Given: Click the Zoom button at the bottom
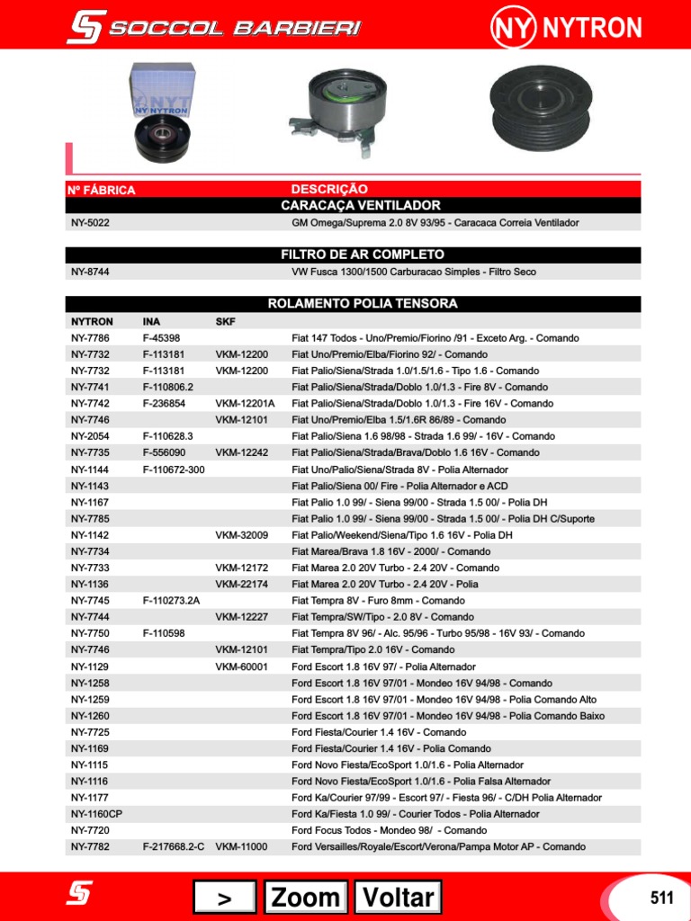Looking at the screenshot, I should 306,897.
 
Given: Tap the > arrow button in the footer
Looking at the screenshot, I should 224,897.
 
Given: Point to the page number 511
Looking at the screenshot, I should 661,897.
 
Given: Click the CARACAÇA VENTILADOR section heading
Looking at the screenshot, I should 361,206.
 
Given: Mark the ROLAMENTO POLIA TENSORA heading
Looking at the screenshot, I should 363,304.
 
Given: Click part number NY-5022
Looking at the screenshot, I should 90,222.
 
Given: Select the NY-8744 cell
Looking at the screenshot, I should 90,272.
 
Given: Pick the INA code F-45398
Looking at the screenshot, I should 161,338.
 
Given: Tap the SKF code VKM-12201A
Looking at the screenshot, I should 245,404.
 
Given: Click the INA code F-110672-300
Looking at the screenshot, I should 174,469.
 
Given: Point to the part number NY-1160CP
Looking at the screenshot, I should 96,814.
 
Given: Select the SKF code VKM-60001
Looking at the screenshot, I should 241,666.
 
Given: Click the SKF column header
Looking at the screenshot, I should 225,321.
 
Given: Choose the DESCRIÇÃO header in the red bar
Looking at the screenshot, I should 329,189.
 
